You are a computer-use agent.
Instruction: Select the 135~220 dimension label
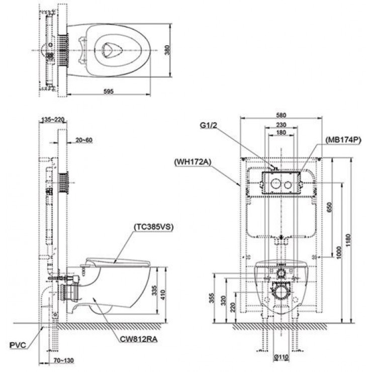pyautogui.click(x=54, y=120)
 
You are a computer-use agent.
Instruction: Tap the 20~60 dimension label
pyautogui.click(x=83, y=140)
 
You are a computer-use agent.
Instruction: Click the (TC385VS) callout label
pyautogui.click(x=154, y=227)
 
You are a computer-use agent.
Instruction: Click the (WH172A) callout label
pyautogui.click(x=192, y=162)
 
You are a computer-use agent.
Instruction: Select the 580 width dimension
pyautogui.click(x=281, y=114)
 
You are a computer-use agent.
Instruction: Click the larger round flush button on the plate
pyautogui.click(x=275, y=183)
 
